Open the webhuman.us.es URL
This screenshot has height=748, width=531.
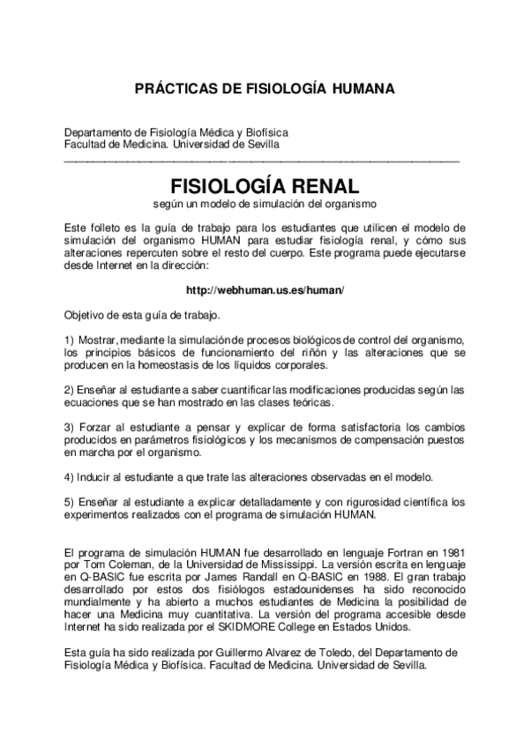[265, 290]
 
